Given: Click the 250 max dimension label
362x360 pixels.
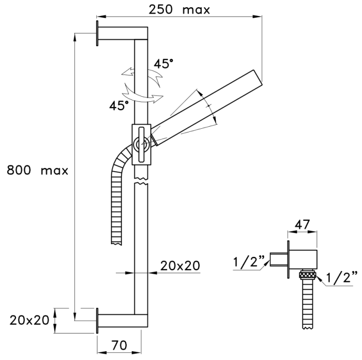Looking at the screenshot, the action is point(179,10).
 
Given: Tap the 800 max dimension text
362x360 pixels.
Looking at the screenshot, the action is point(37,170).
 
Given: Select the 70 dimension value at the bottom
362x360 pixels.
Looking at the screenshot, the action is point(119,346).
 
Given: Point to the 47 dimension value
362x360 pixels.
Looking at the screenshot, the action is point(302,224).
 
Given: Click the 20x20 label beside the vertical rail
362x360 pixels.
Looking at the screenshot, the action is point(180,265).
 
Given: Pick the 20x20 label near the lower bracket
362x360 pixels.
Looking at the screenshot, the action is point(29,320).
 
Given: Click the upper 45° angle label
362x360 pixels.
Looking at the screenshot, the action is point(163,64).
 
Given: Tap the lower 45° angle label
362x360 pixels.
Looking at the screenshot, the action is point(119,106).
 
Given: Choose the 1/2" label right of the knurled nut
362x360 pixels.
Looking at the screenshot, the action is point(342,277).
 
